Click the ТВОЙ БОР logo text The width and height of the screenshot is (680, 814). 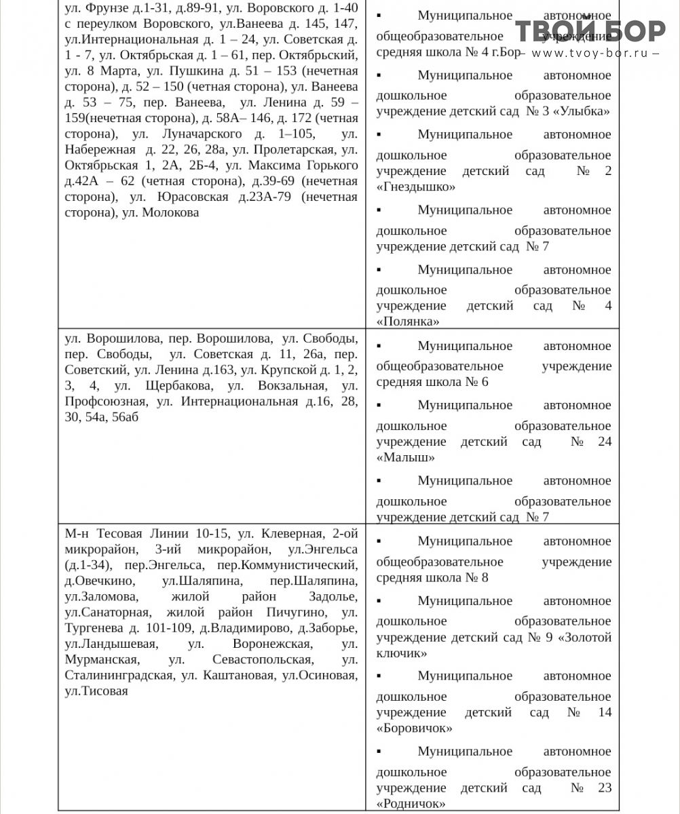tap(590, 31)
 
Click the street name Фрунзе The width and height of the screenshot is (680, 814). tap(104, 9)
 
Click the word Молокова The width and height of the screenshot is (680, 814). tap(170, 212)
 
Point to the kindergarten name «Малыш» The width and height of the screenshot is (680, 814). tap(405, 457)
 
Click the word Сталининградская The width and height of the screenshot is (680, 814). tap(118, 676)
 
